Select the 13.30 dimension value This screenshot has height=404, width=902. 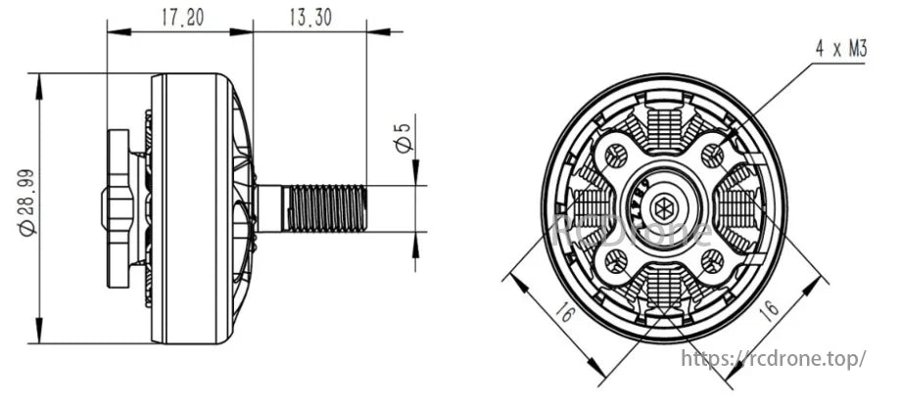pyautogui.click(x=309, y=17)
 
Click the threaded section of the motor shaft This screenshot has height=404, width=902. pyautogui.click(x=325, y=207)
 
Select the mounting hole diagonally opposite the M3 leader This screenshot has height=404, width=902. pyautogui.click(x=616, y=260)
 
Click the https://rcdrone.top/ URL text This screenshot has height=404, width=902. pyautogui.click(x=773, y=359)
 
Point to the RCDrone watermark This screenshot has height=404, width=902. pyautogui.click(x=637, y=233)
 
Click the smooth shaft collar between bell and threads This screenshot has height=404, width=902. pyautogui.click(x=269, y=207)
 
